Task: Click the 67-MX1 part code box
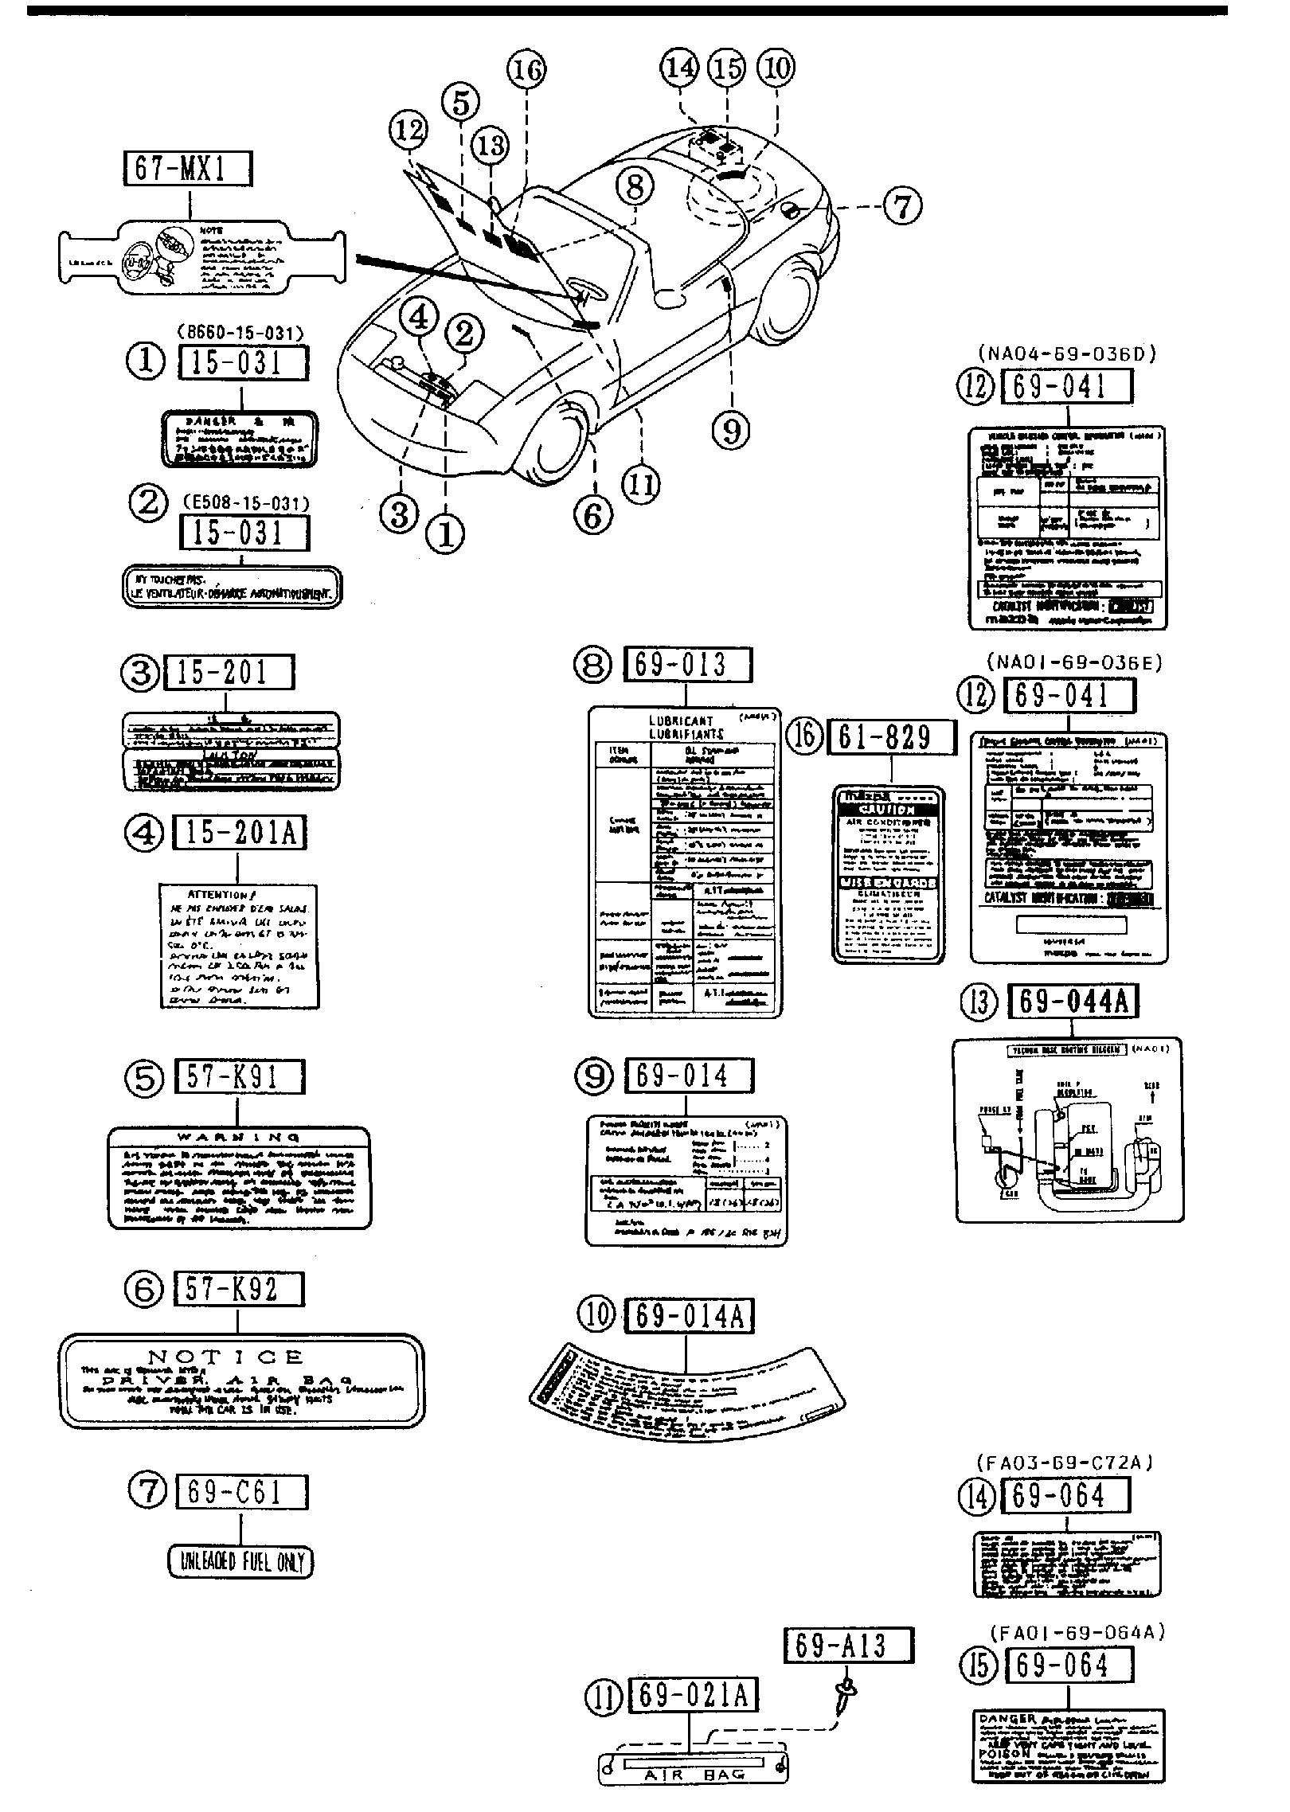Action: pyautogui.click(x=187, y=169)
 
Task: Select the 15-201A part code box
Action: pyautogui.click(x=237, y=833)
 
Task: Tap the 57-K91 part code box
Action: pyautogui.click(x=238, y=1077)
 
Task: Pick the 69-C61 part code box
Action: pyautogui.click(x=241, y=1491)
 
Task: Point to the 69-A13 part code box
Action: pyautogui.click(x=849, y=1646)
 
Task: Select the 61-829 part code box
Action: pyautogui.click(x=891, y=737)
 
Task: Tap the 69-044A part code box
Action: pyautogui.click(x=1073, y=1002)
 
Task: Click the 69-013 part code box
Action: pyautogui.click(x=687, y=665)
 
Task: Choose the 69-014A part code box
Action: pyautogui.click(x=689, y=1317)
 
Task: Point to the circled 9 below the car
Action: pyautogui.click(x=731, y=432)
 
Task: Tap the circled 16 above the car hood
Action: pyautogui.click(x=526, y=71)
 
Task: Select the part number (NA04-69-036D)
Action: pyautogui.click(x=1065, y=354)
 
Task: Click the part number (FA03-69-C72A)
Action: pyautogui.click(x=1064, y=1462)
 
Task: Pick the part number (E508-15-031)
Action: pyautogui.click(x=245, y=503)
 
